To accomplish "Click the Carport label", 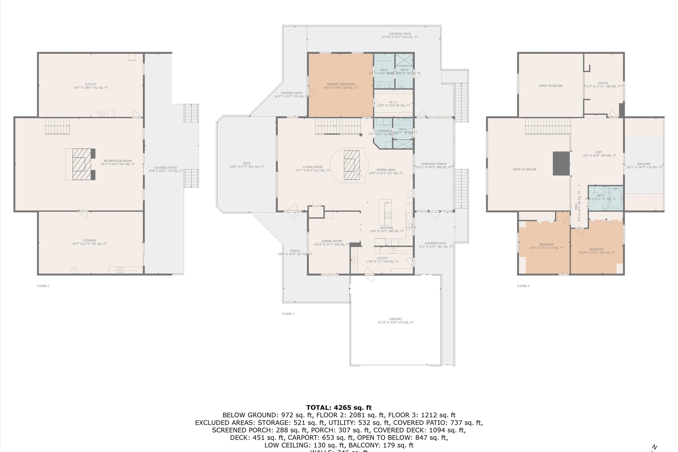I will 395,320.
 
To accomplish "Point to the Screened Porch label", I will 433,165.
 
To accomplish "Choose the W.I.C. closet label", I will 393,104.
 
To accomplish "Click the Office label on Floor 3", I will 603,85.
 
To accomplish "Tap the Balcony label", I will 644,165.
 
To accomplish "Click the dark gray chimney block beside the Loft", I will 561,163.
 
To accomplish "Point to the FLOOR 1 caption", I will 43,286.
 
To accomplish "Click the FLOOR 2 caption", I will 288,314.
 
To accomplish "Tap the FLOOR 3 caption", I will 523,286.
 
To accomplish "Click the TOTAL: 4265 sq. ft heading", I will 339,407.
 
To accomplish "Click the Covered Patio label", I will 165,169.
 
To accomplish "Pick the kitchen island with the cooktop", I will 385,212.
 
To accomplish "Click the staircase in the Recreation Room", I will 57,126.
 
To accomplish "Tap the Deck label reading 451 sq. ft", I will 247,165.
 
